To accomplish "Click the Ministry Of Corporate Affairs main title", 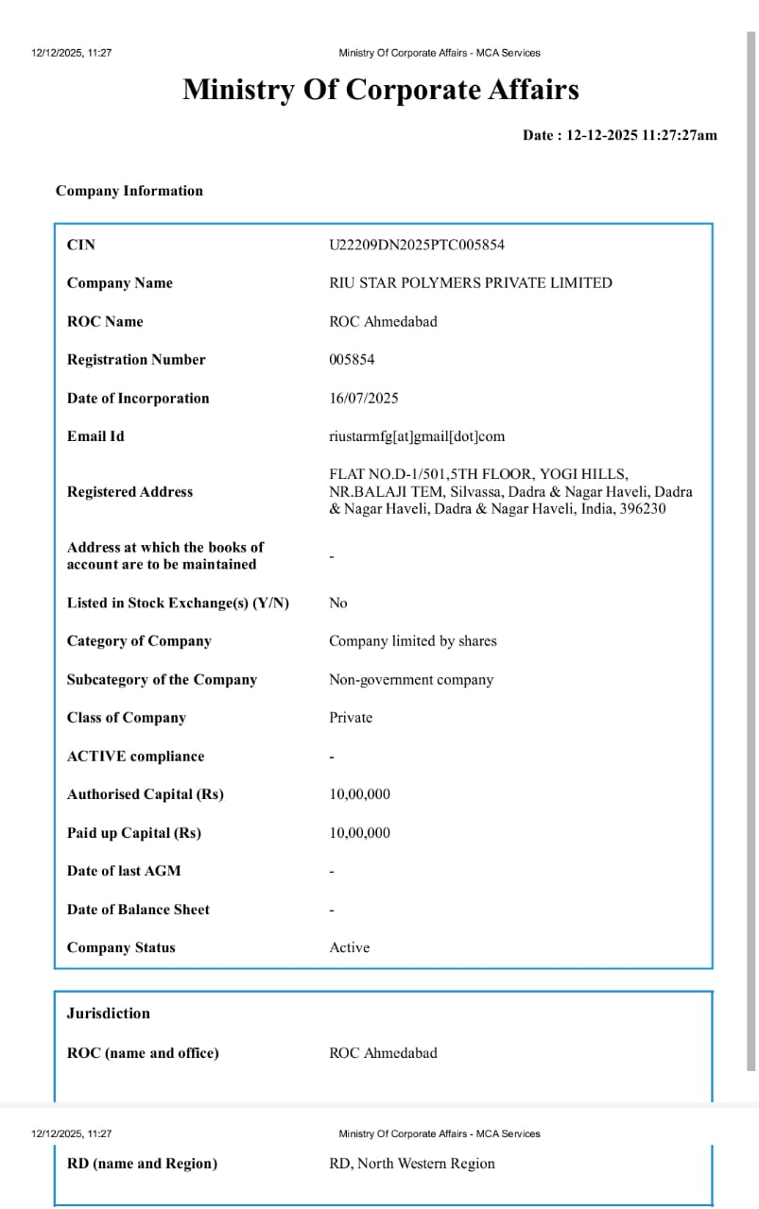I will [x=380, y=90].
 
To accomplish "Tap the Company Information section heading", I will [x=129, y=191].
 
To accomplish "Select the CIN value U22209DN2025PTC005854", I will [x=417, y=245].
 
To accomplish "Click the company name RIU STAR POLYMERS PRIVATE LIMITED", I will [x=470, y=282].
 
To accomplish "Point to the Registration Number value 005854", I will [x=352, y=360].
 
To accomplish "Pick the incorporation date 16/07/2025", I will [x=364, y=398].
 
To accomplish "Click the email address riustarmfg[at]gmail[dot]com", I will [x=417, y=436].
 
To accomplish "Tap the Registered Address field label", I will [x=129, y=492].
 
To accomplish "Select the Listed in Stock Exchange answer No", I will [x=337, y=603].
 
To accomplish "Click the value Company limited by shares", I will [x=412, y=641].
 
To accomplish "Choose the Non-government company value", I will [x=411, y=680].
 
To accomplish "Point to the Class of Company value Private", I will [x=351, y=718].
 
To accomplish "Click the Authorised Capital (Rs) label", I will [x=145, y=794].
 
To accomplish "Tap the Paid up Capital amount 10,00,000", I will [x=359, y=833].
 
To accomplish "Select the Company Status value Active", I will [x=349, y=947].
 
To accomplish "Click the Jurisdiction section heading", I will [x=108, y=1013].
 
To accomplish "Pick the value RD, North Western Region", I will [x=411, y=1164].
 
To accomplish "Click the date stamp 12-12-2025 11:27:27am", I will [x=641, y=135].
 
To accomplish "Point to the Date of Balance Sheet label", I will [x=138, y=910].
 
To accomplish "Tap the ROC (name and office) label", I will [x=143, y=1053].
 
